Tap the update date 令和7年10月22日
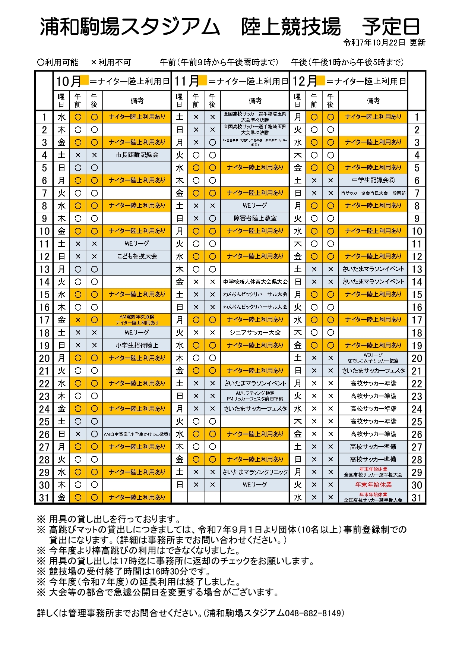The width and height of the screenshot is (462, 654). tap(374, 43)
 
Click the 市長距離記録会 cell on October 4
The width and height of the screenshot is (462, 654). tap(137, 155)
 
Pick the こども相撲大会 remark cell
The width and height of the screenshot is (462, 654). tap(137, 256)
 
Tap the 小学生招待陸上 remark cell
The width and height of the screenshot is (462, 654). tap(137, 345)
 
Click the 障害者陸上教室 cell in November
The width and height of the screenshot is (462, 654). tap(255, 218)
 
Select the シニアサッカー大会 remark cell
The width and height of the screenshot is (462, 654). tap(255, 333)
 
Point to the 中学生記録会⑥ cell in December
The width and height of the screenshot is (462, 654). tap(373, 180)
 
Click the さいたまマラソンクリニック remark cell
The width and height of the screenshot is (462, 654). tap(255, 472)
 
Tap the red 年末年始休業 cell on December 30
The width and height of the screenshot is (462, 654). tap(373, 485)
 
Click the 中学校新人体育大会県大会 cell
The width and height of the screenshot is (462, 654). tap(255, 282)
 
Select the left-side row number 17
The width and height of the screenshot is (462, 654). tap(44, 320)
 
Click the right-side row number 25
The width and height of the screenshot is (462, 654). tap(417, 422)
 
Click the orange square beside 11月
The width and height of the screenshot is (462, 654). tap(203, 80)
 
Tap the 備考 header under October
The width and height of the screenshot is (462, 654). tap(137, 101)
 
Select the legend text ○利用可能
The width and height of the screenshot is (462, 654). tap(58, 62)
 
